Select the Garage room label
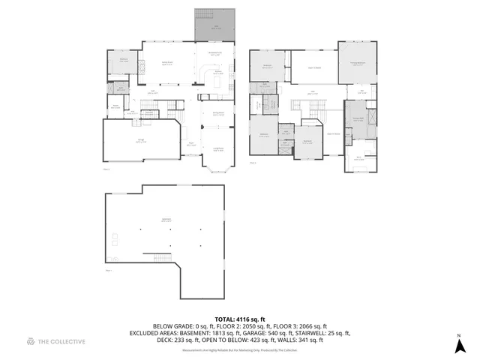tap(141, 140)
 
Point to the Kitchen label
tap(217, 73)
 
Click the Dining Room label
tap(218, 113)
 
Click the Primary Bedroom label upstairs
tap(356, 63)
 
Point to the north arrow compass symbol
tap(459, 346)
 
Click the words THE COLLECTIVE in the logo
tap(62, 342)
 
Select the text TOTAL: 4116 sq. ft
tap(240, 319)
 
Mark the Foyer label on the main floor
tap(191, 144)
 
